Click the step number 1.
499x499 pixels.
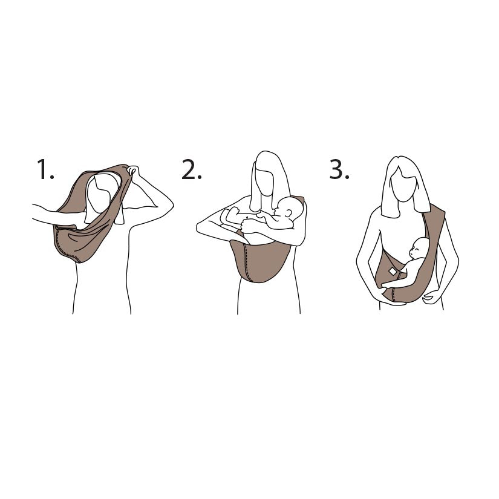[45, 170]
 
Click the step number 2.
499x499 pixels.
[191, 171]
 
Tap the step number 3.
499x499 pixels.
[339, 170]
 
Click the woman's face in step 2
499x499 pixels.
[264, 181]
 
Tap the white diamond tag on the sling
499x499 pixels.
[393, 272]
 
